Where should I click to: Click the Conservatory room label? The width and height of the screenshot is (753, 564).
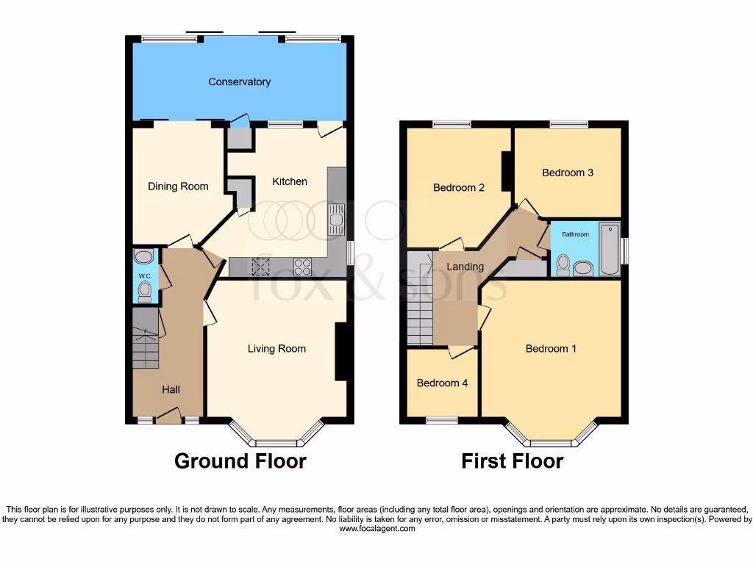point(239,82)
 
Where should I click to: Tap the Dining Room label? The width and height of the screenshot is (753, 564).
point(178,187)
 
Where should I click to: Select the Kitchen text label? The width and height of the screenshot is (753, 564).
point(290,181)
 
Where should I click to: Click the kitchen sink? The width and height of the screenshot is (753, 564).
point(336,219)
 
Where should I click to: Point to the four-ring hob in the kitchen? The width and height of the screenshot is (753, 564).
point(302,267)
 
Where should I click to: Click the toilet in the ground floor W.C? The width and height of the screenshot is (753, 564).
point(145,292)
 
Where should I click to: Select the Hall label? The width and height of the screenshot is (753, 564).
point(171,389)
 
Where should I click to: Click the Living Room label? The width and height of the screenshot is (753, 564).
point(276,349)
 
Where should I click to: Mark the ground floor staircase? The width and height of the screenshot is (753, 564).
point(146,339)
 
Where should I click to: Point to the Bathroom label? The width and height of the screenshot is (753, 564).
point(576,234)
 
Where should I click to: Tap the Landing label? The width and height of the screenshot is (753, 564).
point(465,267)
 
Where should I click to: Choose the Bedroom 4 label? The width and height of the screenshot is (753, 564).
point(442,383)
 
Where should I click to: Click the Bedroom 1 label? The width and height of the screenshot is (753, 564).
point(551,349)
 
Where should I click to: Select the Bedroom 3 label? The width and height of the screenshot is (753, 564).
point(568,173)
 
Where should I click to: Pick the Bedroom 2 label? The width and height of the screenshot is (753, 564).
point(459,187)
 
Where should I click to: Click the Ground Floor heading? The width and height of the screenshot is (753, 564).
point(240,461)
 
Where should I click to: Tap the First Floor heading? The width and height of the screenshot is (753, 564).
point(512,461)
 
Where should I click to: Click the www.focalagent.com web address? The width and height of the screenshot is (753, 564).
point(377,529)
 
